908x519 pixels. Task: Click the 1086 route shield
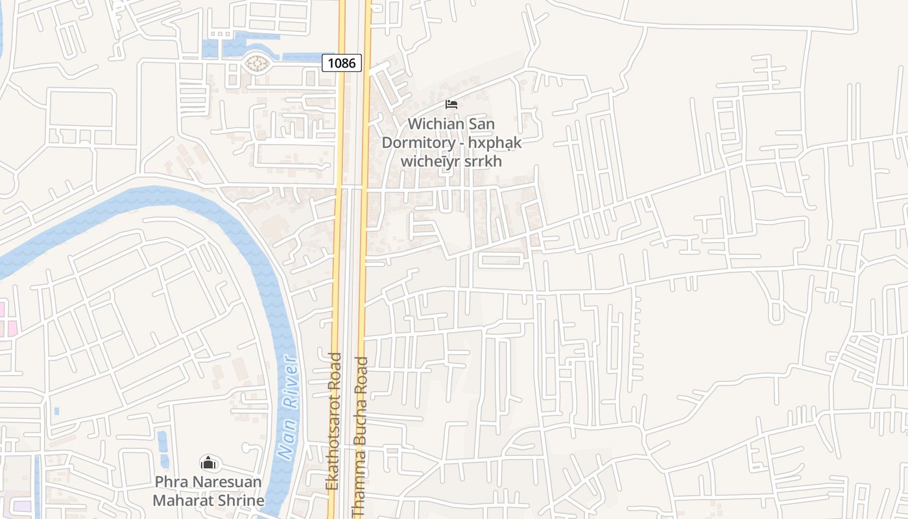342,63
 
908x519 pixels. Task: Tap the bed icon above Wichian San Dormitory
451,104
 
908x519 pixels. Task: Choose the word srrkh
483,161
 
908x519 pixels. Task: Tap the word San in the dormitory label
481,123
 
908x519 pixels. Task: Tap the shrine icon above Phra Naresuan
208,463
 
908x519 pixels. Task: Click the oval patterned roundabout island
257,64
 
